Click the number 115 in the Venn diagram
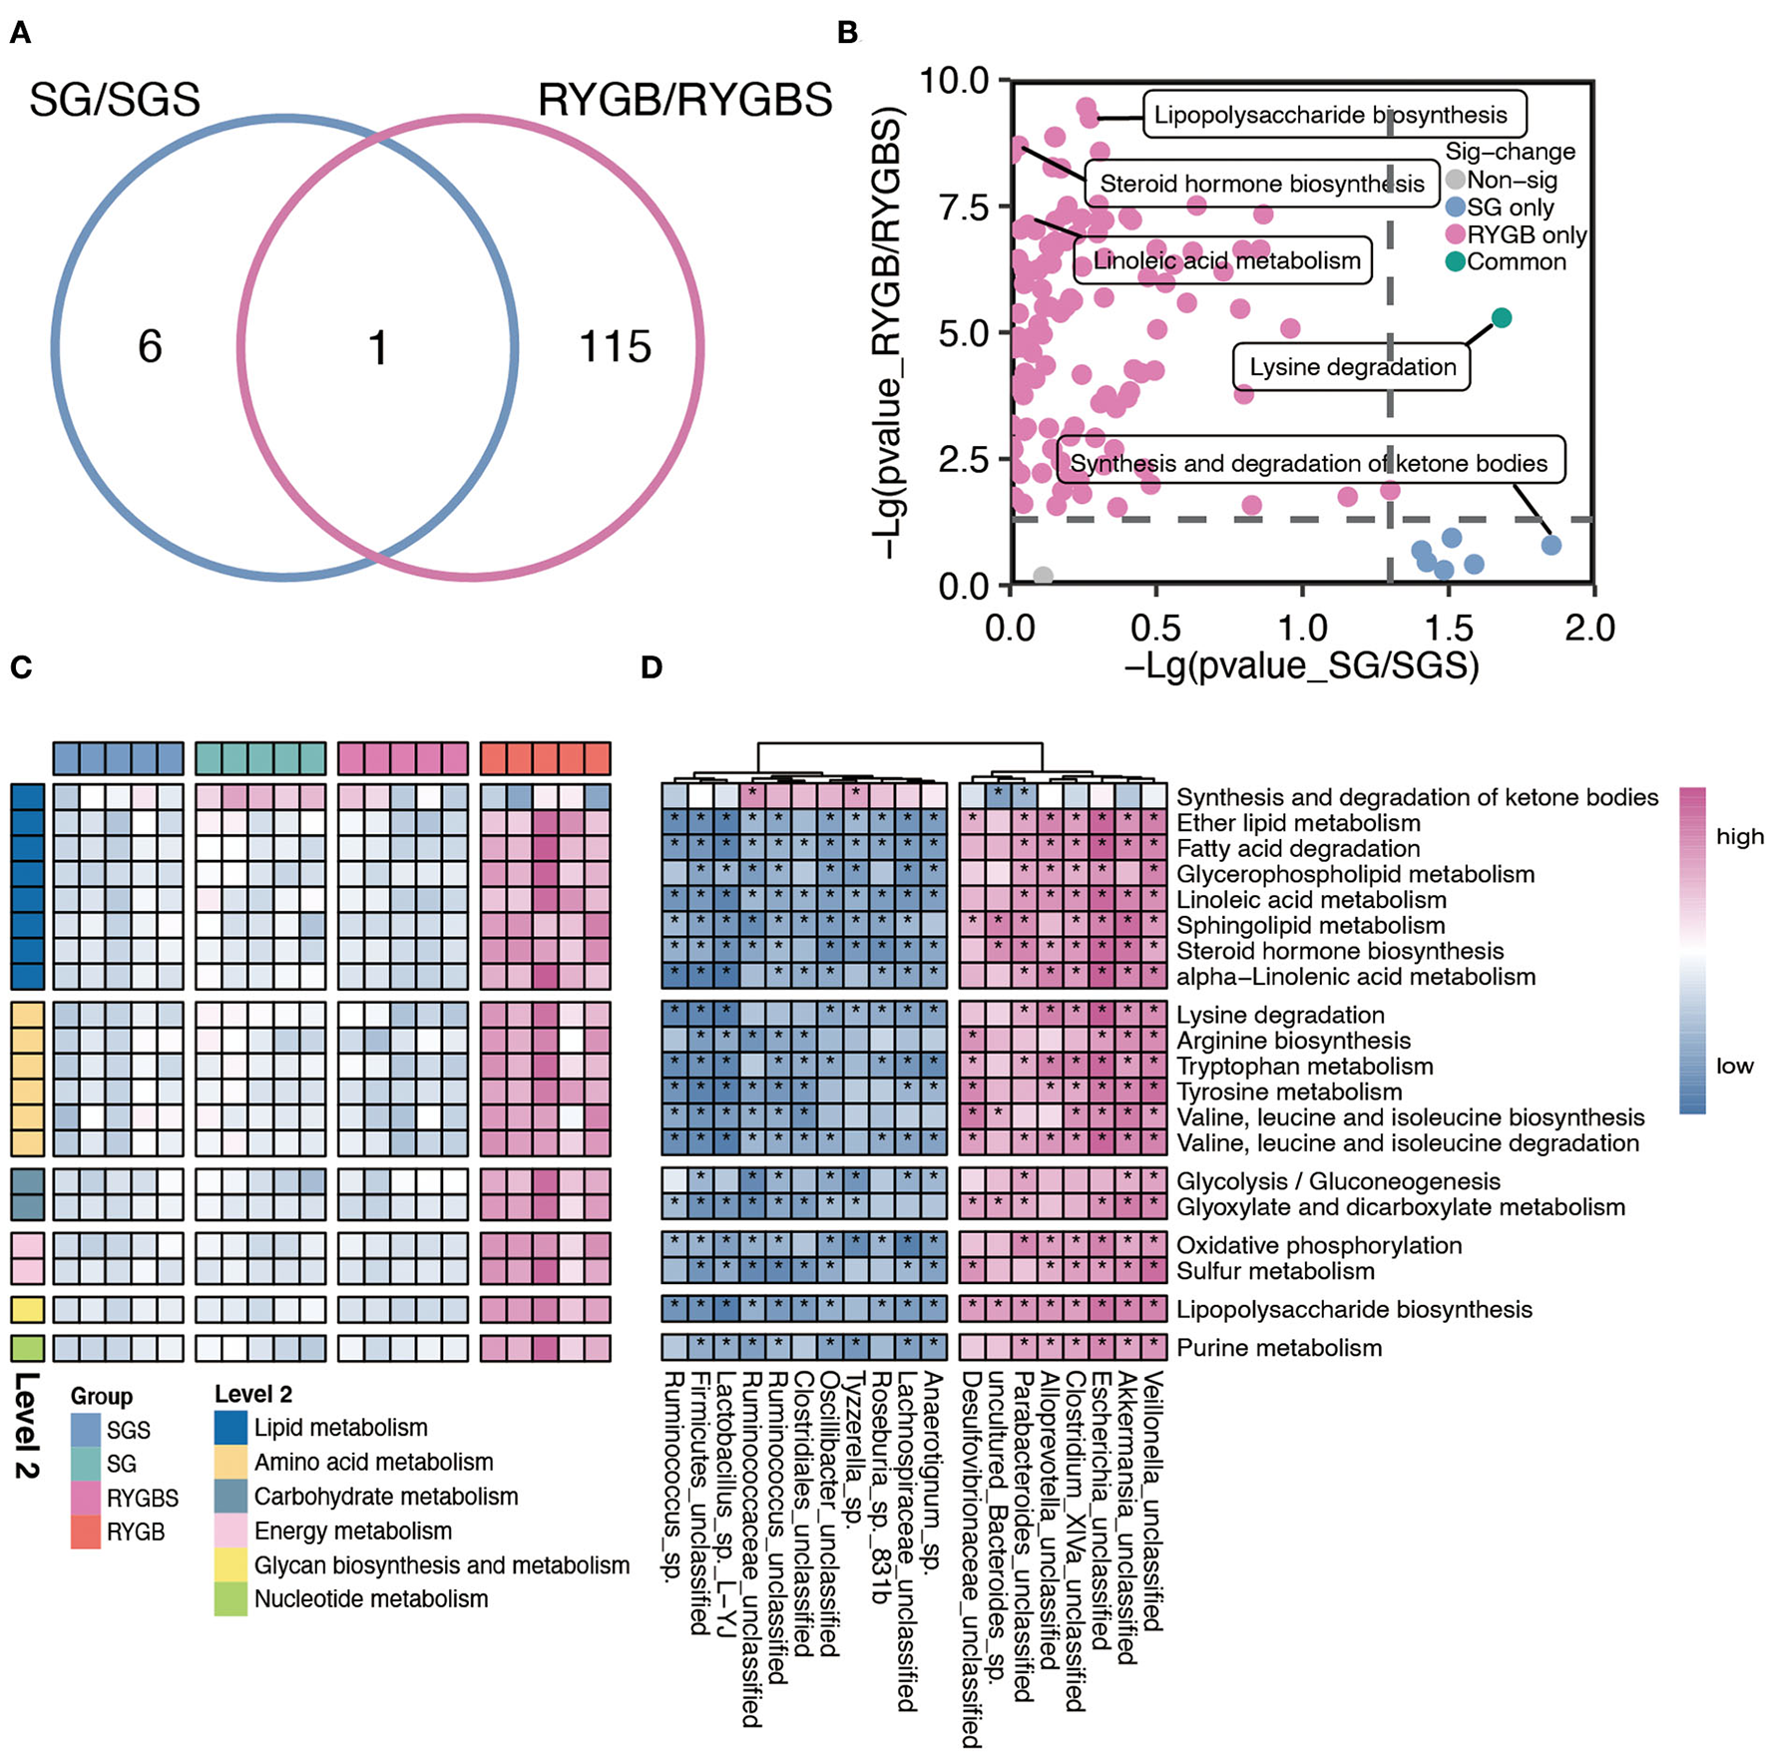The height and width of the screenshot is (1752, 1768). pos(615,347)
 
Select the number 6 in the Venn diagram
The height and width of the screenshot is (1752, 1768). pos(150,347)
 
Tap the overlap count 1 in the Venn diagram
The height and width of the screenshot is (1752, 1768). pos(377,348)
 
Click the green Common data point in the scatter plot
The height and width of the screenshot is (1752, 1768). pos(1501,317)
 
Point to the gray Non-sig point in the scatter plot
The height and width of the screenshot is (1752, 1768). pos(1043,576)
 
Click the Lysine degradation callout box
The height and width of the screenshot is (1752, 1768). pos(1352,367)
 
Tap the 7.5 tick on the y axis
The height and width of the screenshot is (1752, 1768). pos(964,208)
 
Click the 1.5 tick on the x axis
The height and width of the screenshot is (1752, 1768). pos(1448,629)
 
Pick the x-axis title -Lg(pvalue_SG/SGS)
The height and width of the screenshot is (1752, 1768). pos(1301,664)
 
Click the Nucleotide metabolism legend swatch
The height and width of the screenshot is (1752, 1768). pos(230,1598)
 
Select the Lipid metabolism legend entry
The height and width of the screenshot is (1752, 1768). pos(340,1428)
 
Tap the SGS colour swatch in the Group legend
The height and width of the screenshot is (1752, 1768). pos(87,1430)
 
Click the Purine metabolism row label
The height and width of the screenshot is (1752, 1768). pos(1279,1348)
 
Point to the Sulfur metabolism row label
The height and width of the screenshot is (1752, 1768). pos(1275,1271)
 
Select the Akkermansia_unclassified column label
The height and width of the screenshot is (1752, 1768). pos(1126,1517)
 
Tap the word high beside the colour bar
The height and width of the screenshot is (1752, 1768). pos(1739,836)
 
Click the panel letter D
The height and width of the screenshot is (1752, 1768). pos(652,667)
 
